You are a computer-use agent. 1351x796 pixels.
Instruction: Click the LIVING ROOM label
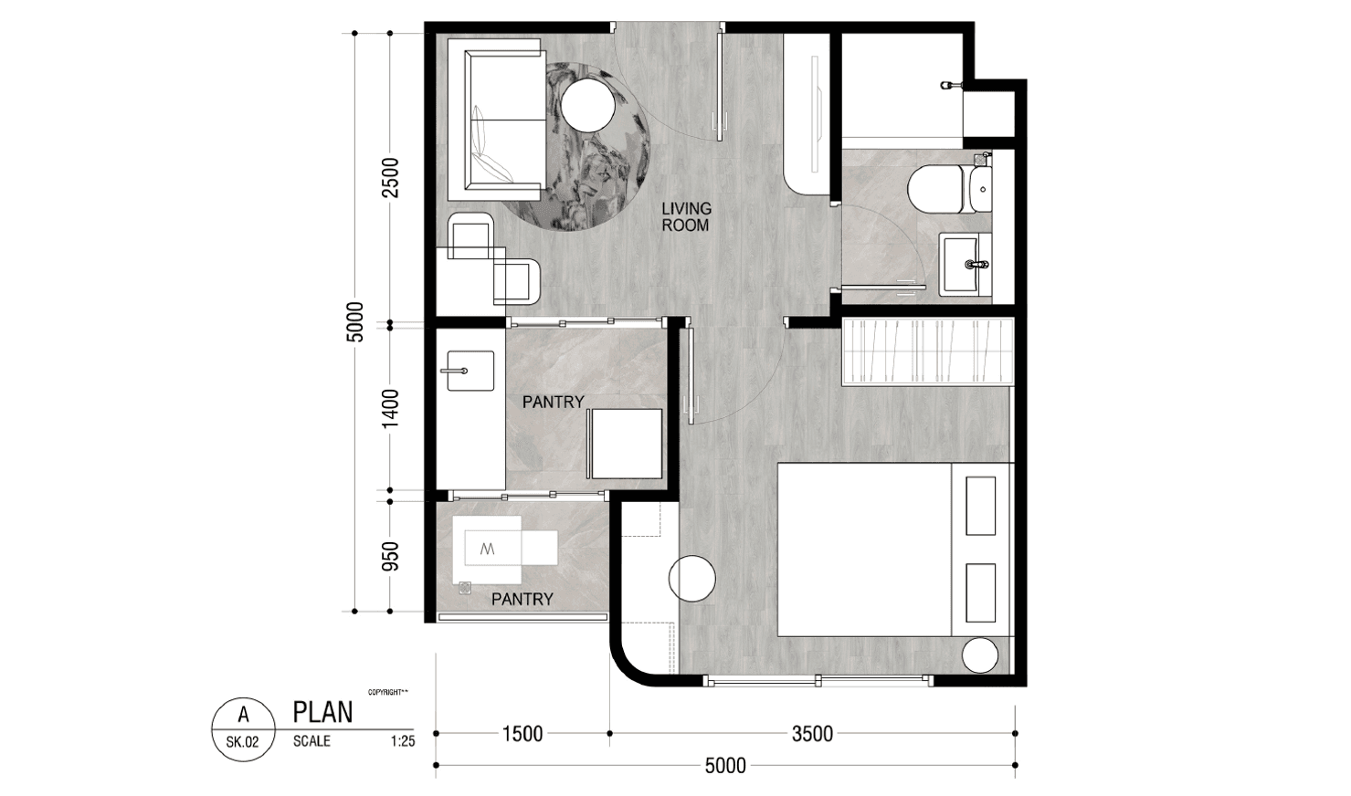[686, 217]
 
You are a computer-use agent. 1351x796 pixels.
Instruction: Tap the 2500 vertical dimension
[390, 178]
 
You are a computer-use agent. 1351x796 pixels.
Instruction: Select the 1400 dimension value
[390, 409]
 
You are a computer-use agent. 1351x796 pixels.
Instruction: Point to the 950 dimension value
[390, 556]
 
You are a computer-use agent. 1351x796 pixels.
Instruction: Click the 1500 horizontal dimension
[522, 733]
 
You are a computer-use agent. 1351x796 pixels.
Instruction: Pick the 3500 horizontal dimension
[812, 733]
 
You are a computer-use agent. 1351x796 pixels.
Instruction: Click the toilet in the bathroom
[949, 189]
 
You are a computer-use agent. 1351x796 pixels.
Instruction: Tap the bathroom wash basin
[965, 264]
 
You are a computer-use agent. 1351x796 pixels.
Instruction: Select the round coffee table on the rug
[587, 106]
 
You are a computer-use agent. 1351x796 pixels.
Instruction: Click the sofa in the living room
[496, 125]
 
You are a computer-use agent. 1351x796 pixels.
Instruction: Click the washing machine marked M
[487, 550]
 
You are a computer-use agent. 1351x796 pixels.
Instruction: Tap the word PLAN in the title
[322, 712]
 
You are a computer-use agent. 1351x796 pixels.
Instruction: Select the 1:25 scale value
[403, 741]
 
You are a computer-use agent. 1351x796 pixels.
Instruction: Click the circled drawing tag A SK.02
[243, 729]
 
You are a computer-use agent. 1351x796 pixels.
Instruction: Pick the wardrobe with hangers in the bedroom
[927, 351]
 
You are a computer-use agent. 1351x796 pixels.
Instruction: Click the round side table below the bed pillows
[980, 655]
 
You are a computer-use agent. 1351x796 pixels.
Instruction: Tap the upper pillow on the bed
[980, 506]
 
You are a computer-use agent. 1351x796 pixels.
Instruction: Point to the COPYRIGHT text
[388, 692]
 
